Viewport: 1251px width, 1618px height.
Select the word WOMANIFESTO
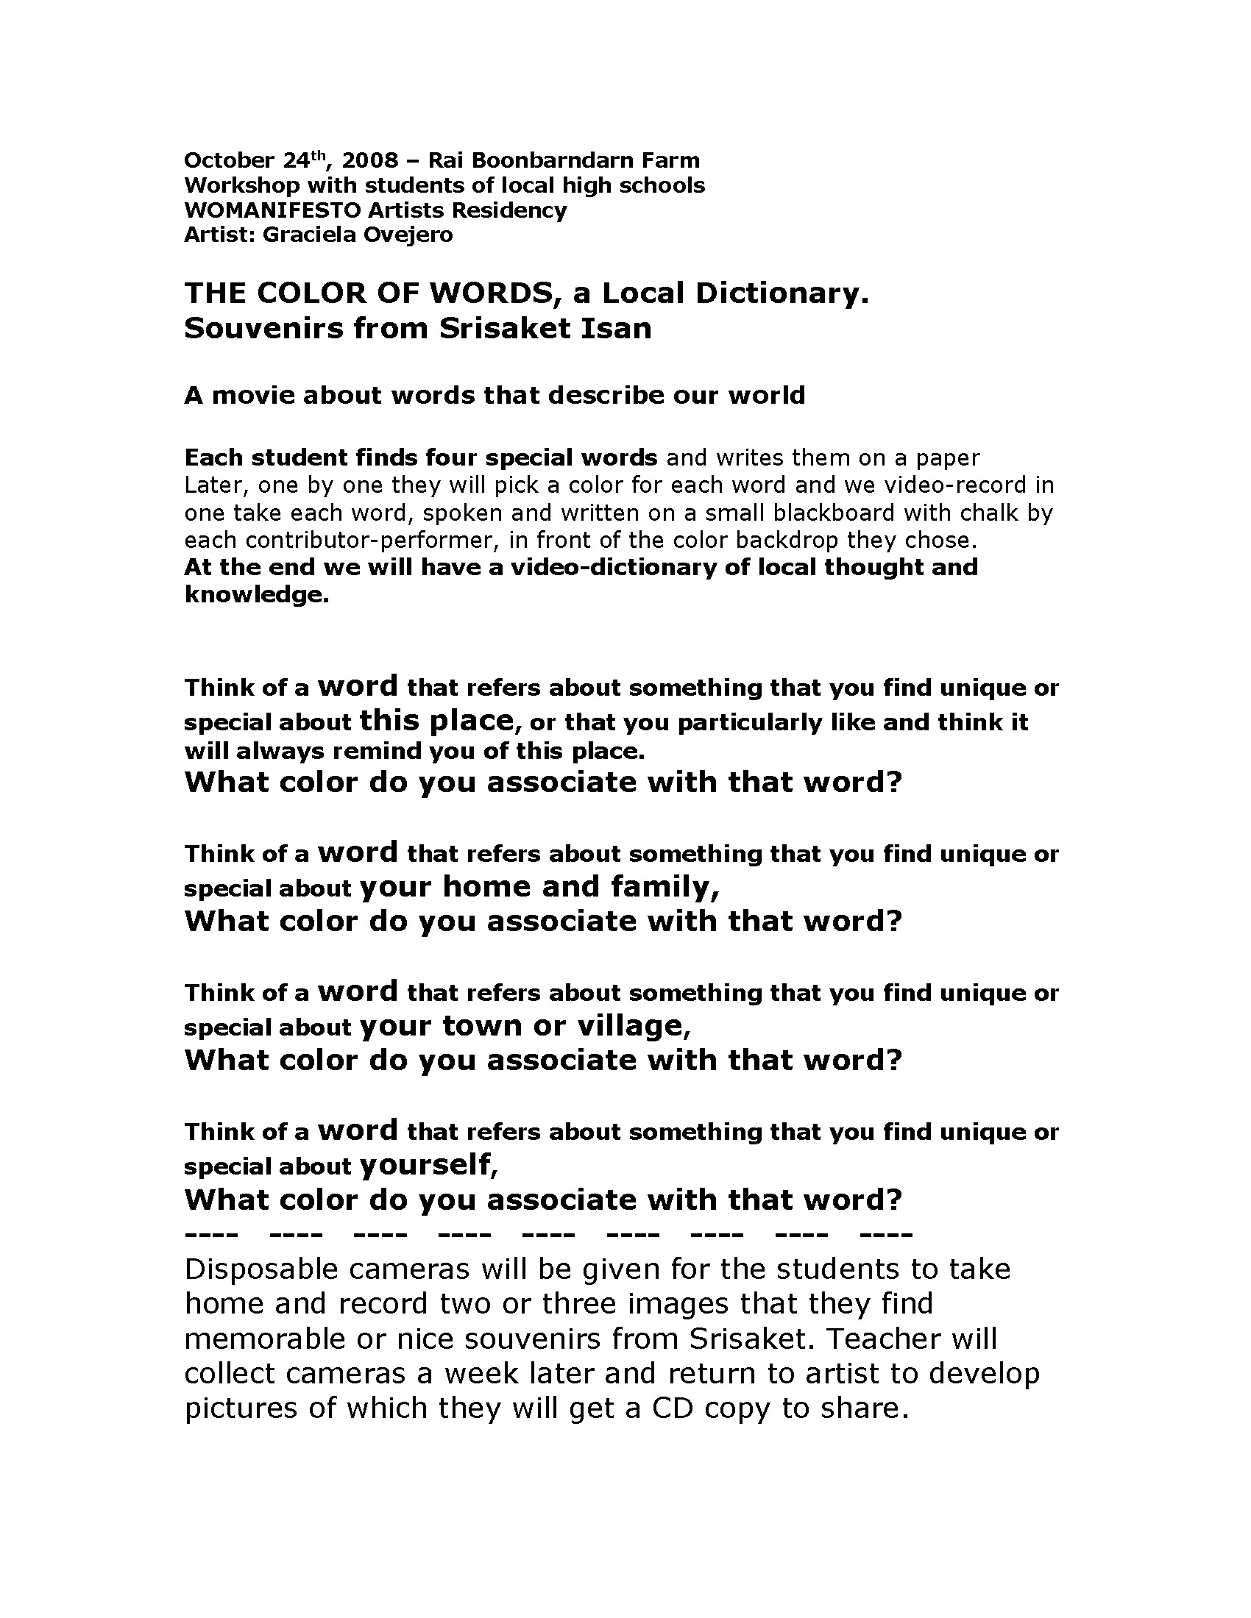(273, 210)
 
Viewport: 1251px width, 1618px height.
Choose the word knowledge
(256, 595)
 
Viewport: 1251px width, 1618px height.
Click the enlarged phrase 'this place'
(436, 719)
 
